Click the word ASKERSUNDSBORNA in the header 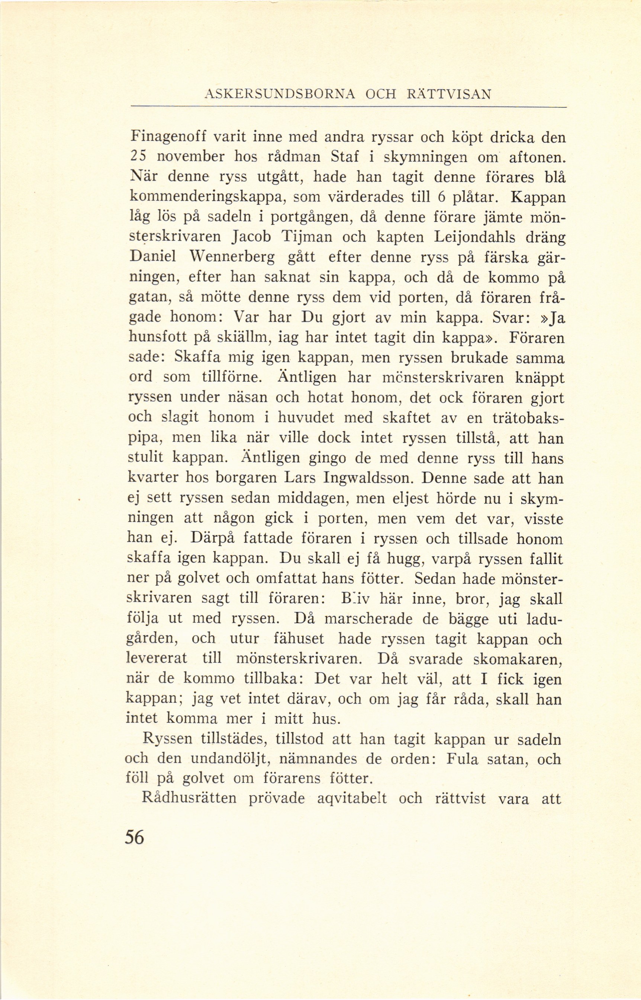279,95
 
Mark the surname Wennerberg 230,258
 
